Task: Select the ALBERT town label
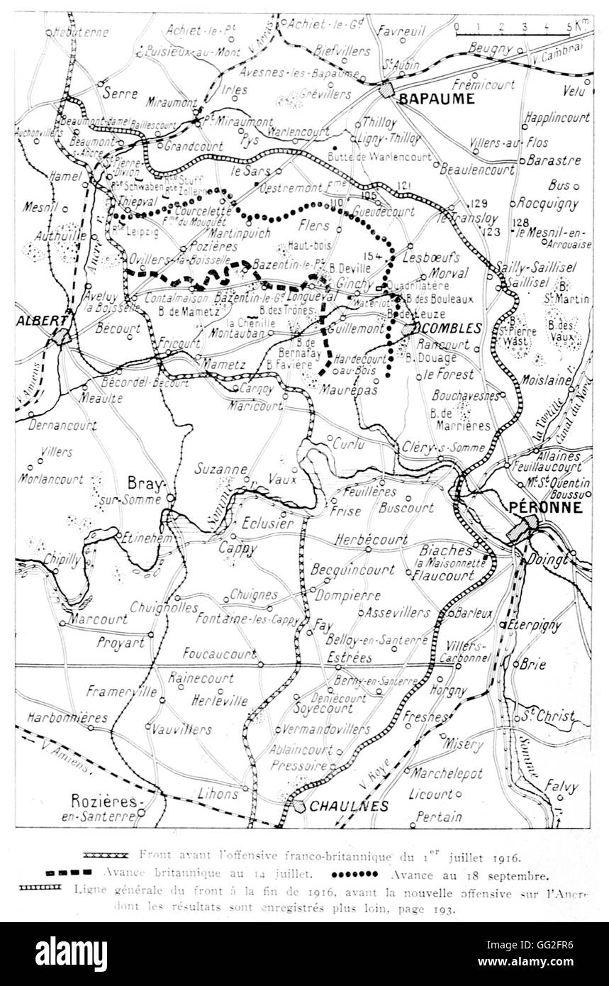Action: click(36, 320)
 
